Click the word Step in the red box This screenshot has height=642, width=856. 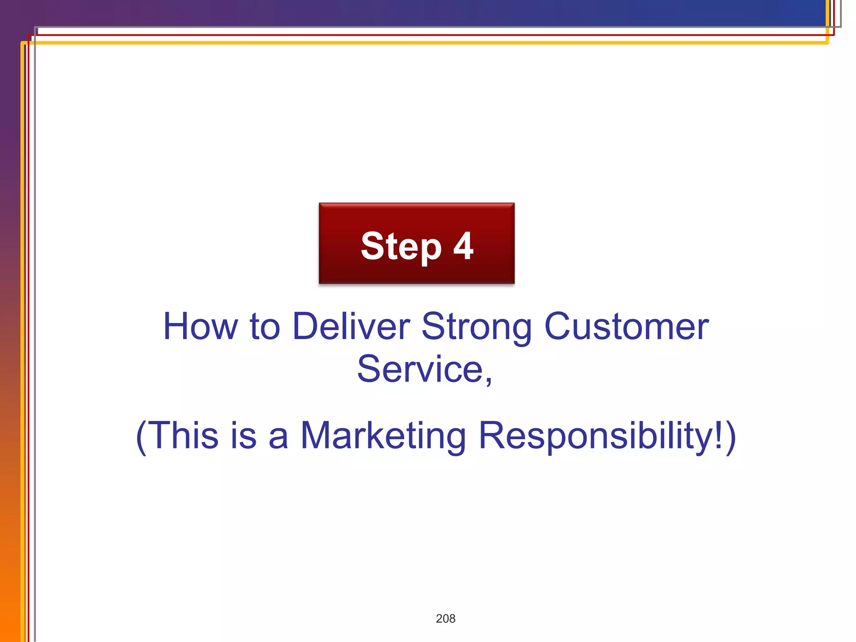click(x=401, y=247)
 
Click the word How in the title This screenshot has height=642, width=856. click(x=200, y=326)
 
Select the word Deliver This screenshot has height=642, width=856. click(x=351, y=326)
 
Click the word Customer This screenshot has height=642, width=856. click(x=626, y=326)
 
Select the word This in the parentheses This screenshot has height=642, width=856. click(x=183, y=436)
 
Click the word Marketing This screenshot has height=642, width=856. click(x=382, y=436)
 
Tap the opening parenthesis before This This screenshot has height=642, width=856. click(x=142, y=437)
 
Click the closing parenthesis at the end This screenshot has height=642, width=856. click(x=731, y=437)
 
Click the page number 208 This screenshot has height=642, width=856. click(x=446, y=619)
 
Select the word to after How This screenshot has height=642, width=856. click(x=265, y=327)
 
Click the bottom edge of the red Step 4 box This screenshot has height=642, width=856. click(x=416, y=283)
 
